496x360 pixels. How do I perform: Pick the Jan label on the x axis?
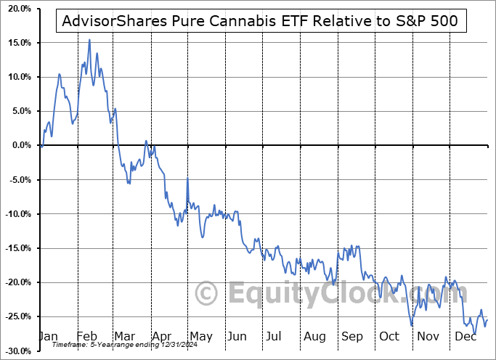47,336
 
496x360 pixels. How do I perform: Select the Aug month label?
315,336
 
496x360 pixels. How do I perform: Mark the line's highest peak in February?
89,40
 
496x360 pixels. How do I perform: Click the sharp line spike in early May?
187,179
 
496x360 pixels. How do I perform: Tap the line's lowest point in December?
475,333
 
